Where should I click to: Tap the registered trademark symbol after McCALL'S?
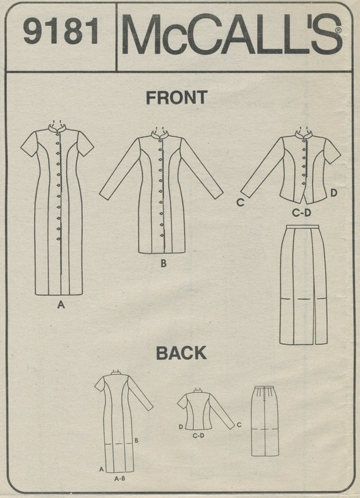click(339, 30)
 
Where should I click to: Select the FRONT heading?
click(176, 97)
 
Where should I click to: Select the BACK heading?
click(181, 353)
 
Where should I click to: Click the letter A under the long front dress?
click(61, 305)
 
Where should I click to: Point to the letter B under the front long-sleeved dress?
click(164, 264)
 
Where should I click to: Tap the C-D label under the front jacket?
click(301, 213)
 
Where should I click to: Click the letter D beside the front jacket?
click(333, 193)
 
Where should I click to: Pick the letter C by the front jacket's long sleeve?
click(241, 202)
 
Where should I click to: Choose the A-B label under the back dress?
click(119, 478)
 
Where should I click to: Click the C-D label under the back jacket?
click(198, 436)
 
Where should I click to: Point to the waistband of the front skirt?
click(302, 226)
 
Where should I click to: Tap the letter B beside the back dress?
click(136, 440)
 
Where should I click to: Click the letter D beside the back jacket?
click(181, 427)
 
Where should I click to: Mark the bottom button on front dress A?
click(58, 238)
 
